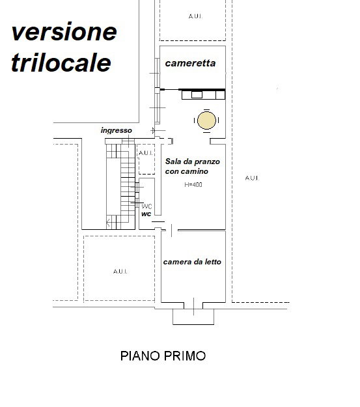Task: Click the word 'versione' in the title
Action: coord(64,31)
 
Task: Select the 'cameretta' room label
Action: coord(190,64)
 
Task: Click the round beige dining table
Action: coord(206,120)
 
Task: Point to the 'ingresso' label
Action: coord(116,130)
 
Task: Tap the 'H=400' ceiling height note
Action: coord(193,185)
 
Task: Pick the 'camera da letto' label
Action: coord(192,262)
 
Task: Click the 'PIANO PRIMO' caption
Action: coord(163,356)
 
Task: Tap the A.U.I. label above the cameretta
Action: coord(194,16)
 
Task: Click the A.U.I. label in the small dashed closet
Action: coord(146,154)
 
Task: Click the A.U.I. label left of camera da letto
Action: coord(119,270)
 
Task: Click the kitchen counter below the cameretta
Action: coord(204,95)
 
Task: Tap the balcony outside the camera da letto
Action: coord(192,316)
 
